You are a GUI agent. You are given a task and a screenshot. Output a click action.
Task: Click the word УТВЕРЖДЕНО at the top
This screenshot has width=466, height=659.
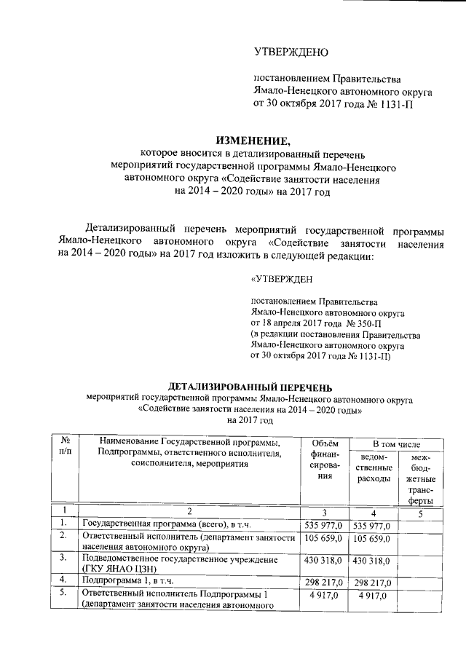[291, 52]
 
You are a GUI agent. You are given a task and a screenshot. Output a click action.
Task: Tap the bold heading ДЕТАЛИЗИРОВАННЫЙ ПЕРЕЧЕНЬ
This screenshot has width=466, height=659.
[250, 386]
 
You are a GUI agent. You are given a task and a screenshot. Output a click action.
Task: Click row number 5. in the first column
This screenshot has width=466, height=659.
[64, 593]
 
